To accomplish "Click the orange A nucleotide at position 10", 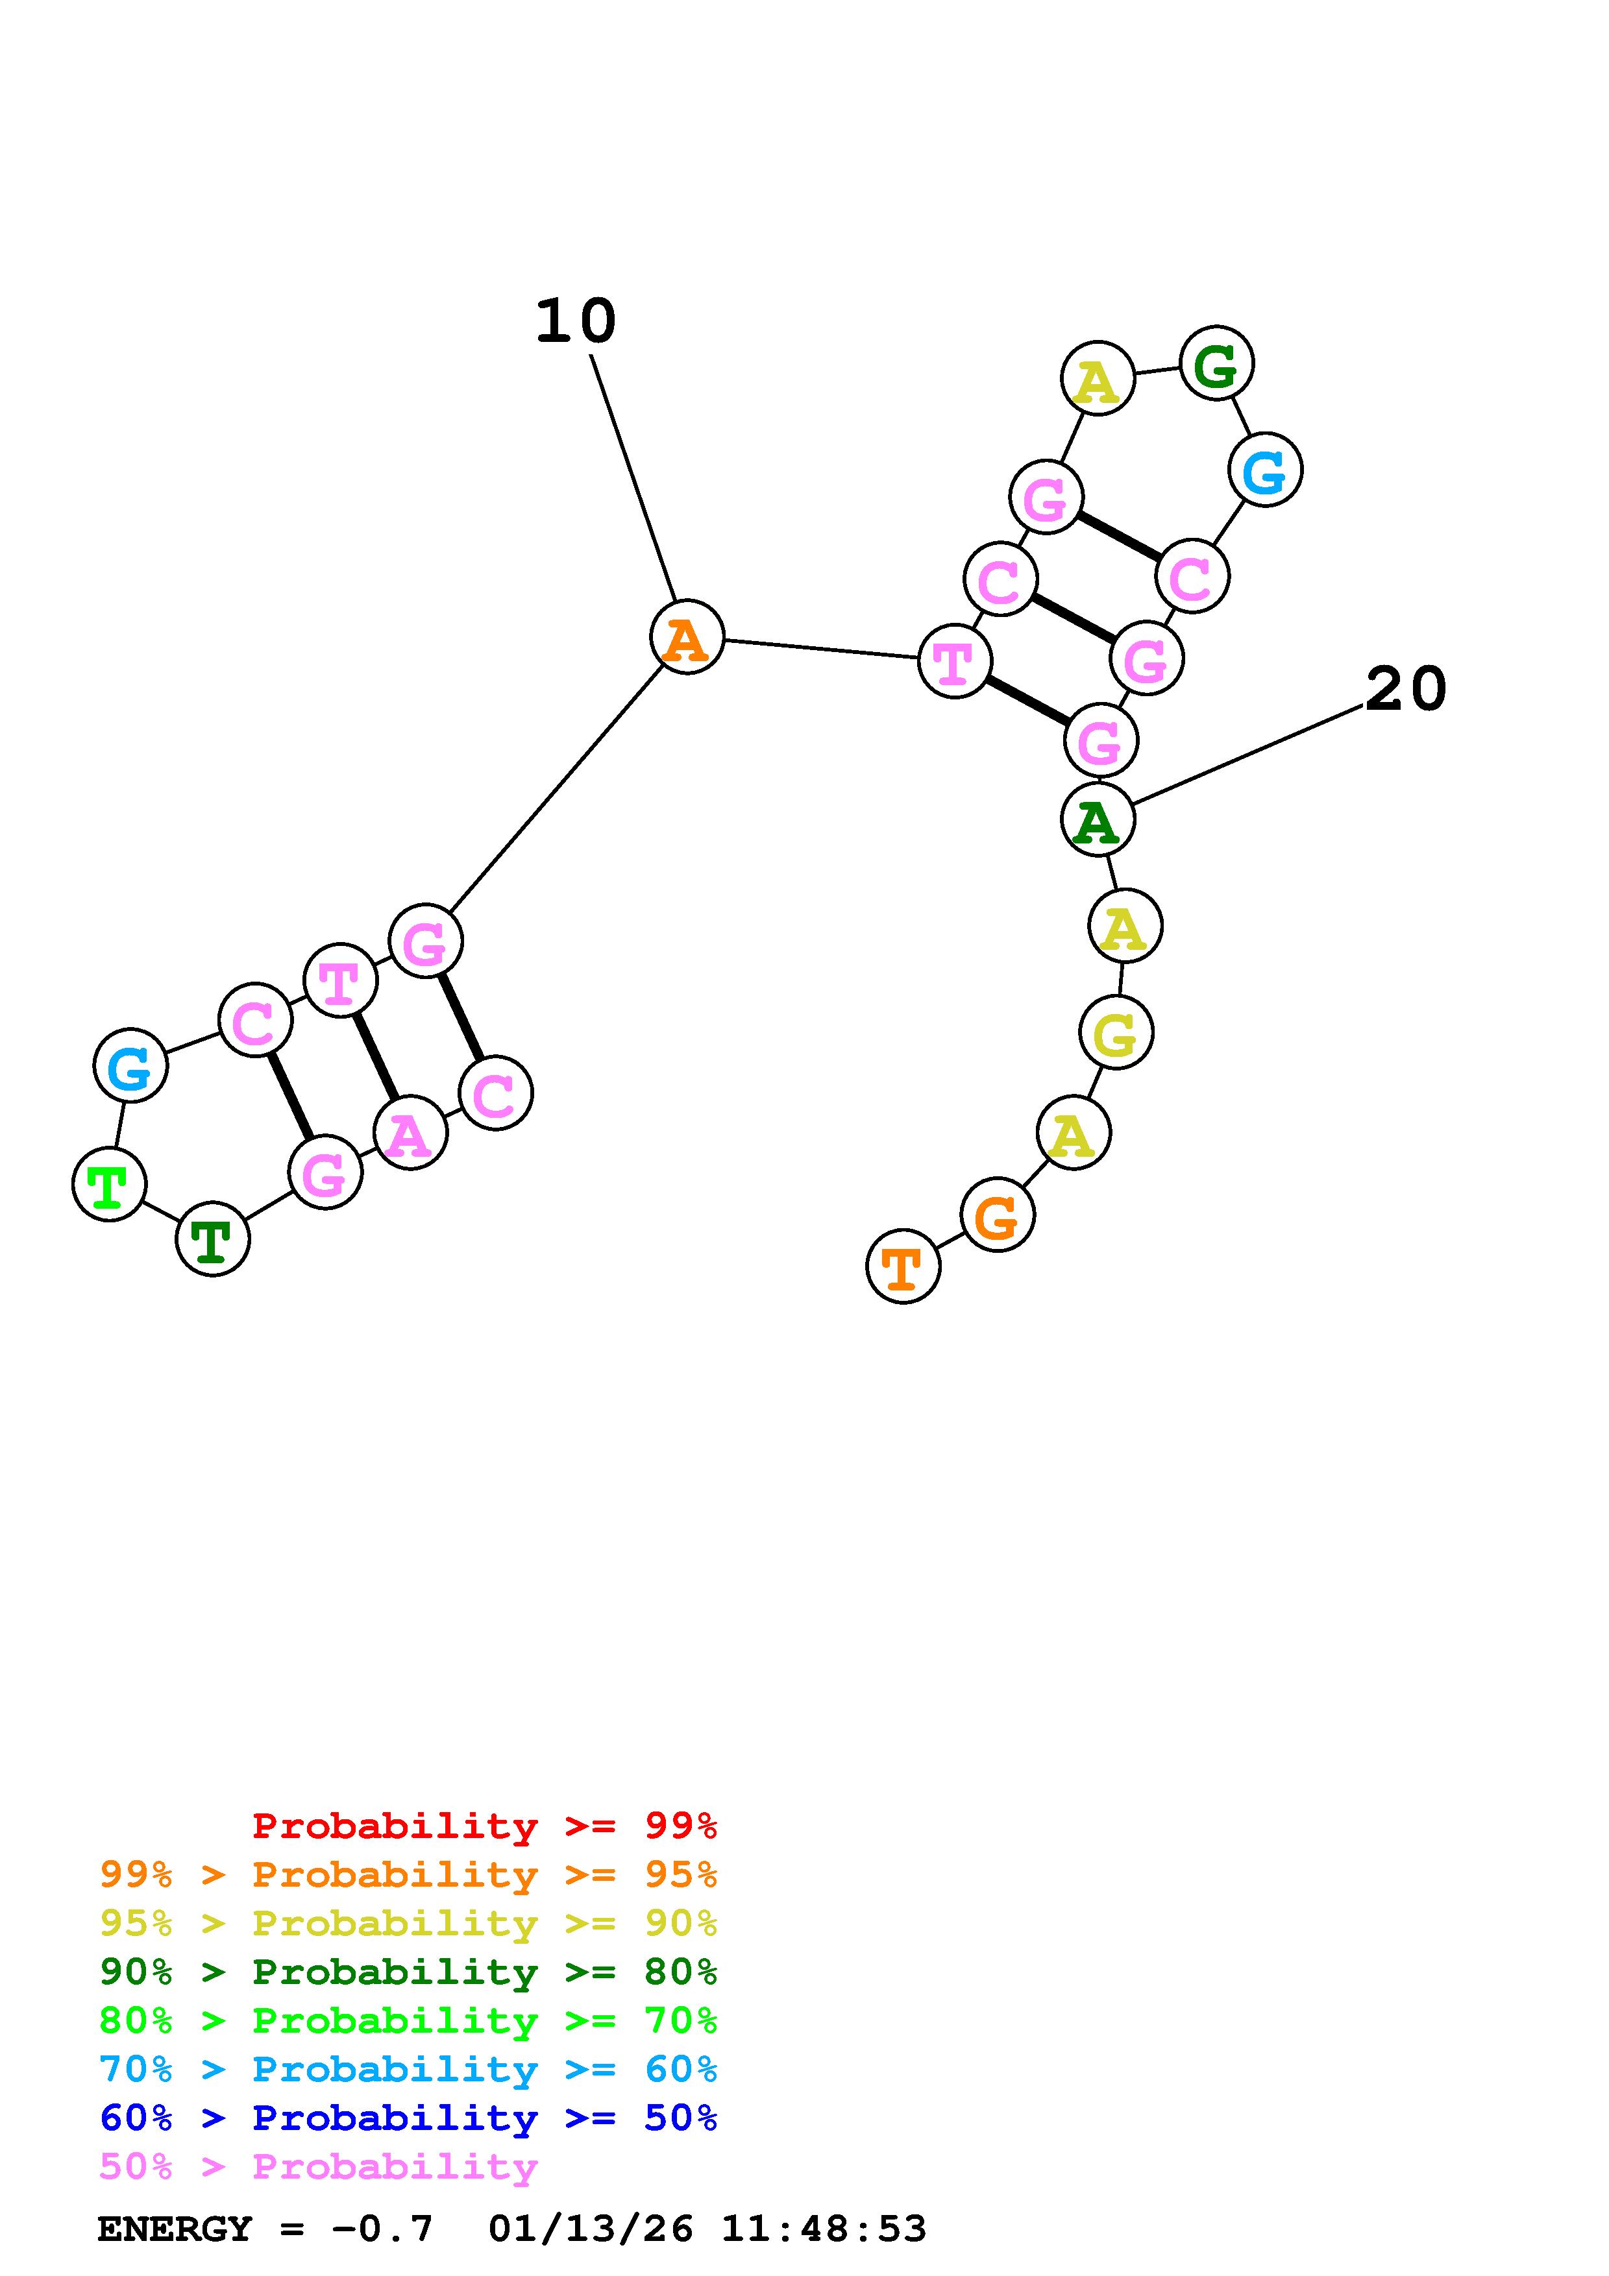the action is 686,636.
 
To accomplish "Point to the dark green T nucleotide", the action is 212,1239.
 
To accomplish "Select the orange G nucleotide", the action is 998,1215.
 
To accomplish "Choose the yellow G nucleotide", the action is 1115,1033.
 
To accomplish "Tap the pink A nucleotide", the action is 410,1132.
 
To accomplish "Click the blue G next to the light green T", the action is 130,1065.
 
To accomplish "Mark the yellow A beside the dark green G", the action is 1096,379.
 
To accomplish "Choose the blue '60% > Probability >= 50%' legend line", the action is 408,2118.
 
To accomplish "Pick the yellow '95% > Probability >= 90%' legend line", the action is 408,1923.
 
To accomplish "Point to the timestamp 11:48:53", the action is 823,2229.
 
